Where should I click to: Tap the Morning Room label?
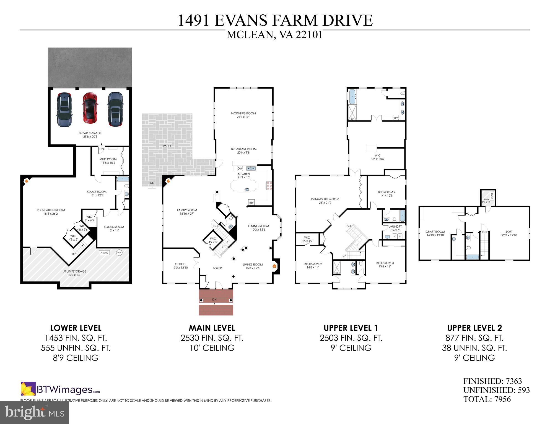tap(243, 114)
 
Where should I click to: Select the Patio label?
tap(167, 146)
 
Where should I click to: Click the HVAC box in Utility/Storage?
tap(104, 252)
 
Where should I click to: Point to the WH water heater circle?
tap(119, 252)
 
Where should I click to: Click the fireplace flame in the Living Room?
tap(274, 266)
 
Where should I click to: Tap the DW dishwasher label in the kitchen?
tap(240, 168)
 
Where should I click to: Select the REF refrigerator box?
tap(251, 202)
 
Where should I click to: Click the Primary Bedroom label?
tap(325, 199)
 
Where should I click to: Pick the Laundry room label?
tap(395, 227)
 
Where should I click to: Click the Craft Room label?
tap(435, 232)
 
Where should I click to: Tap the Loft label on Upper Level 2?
tap(509, 232)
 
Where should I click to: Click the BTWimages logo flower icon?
tap(28, 389)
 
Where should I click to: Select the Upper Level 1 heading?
tap(351, 328)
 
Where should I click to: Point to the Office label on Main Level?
tap(180, 264)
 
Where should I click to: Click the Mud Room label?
tap(108, 159)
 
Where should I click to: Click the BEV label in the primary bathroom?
tap(396, 118)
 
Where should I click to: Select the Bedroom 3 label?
tap(385, 263)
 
